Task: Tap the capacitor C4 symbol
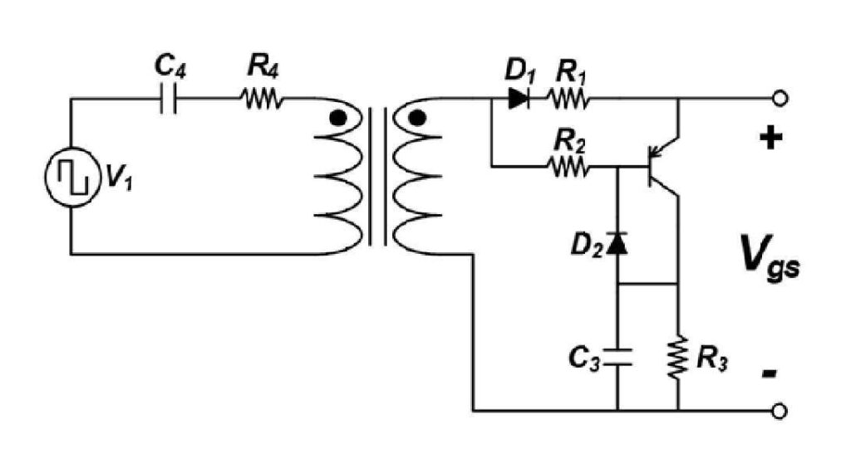[169, 100]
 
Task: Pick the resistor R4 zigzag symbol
[263, 100]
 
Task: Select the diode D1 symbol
[519, 100]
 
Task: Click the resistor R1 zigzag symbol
[568, 100]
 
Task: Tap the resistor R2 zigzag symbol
[568, 168]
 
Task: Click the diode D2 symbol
[617, 243]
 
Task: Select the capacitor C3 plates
[617, 357]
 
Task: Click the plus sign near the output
[770, 139]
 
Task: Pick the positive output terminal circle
[780, 100]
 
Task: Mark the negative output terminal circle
[780, 411]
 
